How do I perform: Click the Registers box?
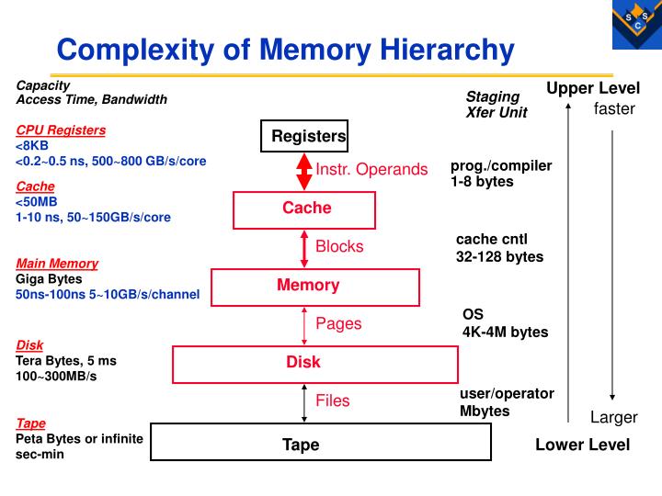click(x=304, y=137)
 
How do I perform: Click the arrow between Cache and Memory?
click(x=304, y=247)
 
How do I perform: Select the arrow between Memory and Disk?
click(x=304, y=324)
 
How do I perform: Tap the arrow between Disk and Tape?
click(x=304, y=402)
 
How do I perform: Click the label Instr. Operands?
click(x=371, y=169)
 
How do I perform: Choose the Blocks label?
click(x=339, y=246)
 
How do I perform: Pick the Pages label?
click(x=338, y=323)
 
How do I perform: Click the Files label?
click(x=333, y=400)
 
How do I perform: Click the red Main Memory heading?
click(x=57, y=264)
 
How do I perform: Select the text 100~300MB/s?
click(x=56, y=377)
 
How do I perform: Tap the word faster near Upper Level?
click(x=614, y=109)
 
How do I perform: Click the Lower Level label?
click(x=582, y=445)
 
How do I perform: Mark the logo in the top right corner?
click(x=636, y=24)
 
